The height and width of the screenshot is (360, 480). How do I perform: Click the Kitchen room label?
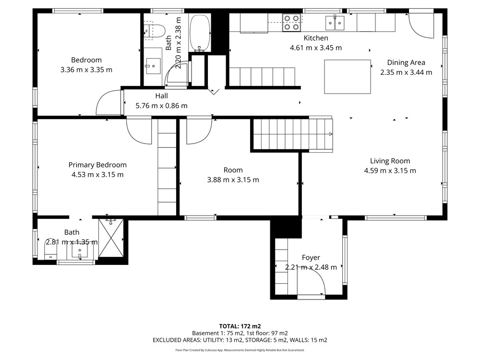pos(316,38)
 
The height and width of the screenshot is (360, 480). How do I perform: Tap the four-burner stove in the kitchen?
pos(291,23)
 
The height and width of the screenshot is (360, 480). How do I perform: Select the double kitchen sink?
pos(335,23)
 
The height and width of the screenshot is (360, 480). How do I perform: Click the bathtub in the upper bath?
pos(200,33)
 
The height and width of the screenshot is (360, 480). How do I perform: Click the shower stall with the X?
pos(111,238)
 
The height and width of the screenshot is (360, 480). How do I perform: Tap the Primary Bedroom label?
pos(97,165)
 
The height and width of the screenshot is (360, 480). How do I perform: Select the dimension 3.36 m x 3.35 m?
pos(86,70)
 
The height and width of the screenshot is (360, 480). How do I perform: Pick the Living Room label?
pos(390,161)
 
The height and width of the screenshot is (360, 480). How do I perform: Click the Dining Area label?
pos(406,63)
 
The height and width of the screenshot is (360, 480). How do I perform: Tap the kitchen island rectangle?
pos(348,76)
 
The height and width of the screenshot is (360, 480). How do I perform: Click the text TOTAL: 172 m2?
pos(240,326)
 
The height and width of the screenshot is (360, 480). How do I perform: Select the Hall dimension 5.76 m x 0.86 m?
pos(161,106)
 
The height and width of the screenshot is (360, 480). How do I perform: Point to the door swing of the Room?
pos(199,131)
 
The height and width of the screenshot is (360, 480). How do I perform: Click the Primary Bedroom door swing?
pos(139,131)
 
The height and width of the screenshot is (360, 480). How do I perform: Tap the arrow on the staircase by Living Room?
pos(331,134)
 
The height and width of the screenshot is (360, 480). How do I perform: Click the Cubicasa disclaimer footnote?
pos(240,350)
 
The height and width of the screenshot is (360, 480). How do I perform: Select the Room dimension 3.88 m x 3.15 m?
pos(233,180)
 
